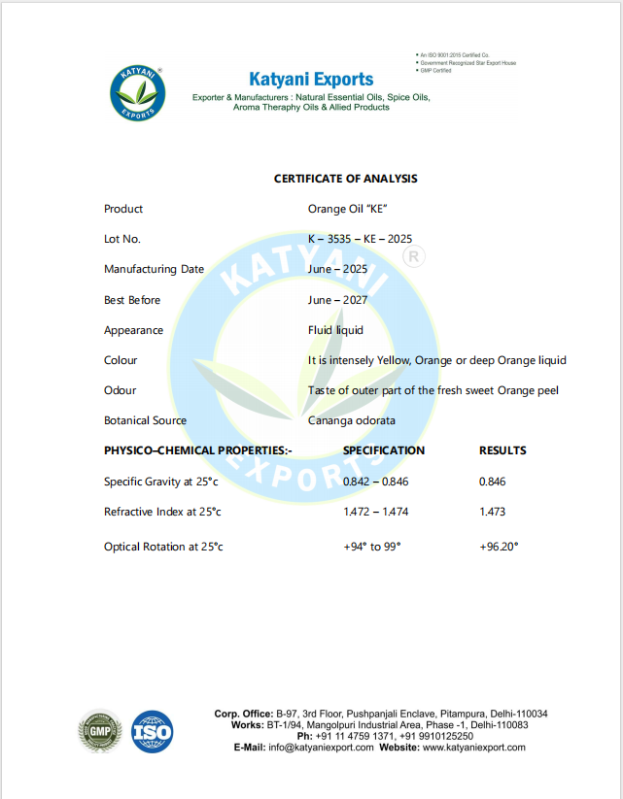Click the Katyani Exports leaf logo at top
click(138, 94)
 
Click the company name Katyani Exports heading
click(311, 79)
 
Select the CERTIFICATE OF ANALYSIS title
click(345, 179)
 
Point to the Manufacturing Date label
click(154, 269)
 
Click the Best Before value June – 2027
click(337, 300)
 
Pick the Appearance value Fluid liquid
click(335, 330)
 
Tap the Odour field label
click(121, 390)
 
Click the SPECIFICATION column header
click(384, 450)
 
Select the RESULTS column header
click(502, 450)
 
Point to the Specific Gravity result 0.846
click(493, 482)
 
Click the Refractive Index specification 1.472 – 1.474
click(375, 512)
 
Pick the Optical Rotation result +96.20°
click(499, 547)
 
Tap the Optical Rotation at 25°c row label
click(163, 547)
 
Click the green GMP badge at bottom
click(99, 731)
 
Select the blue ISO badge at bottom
click(153, 731)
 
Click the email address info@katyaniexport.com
click(321, 748)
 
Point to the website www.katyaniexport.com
click(473, 748)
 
